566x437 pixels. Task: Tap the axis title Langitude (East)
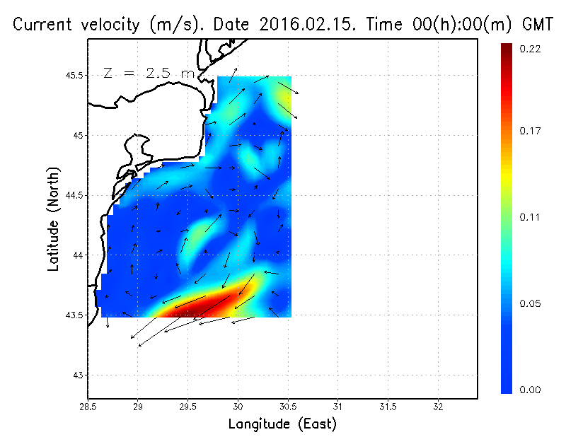[282, 424]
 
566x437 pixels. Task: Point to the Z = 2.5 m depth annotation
[148, 73]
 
